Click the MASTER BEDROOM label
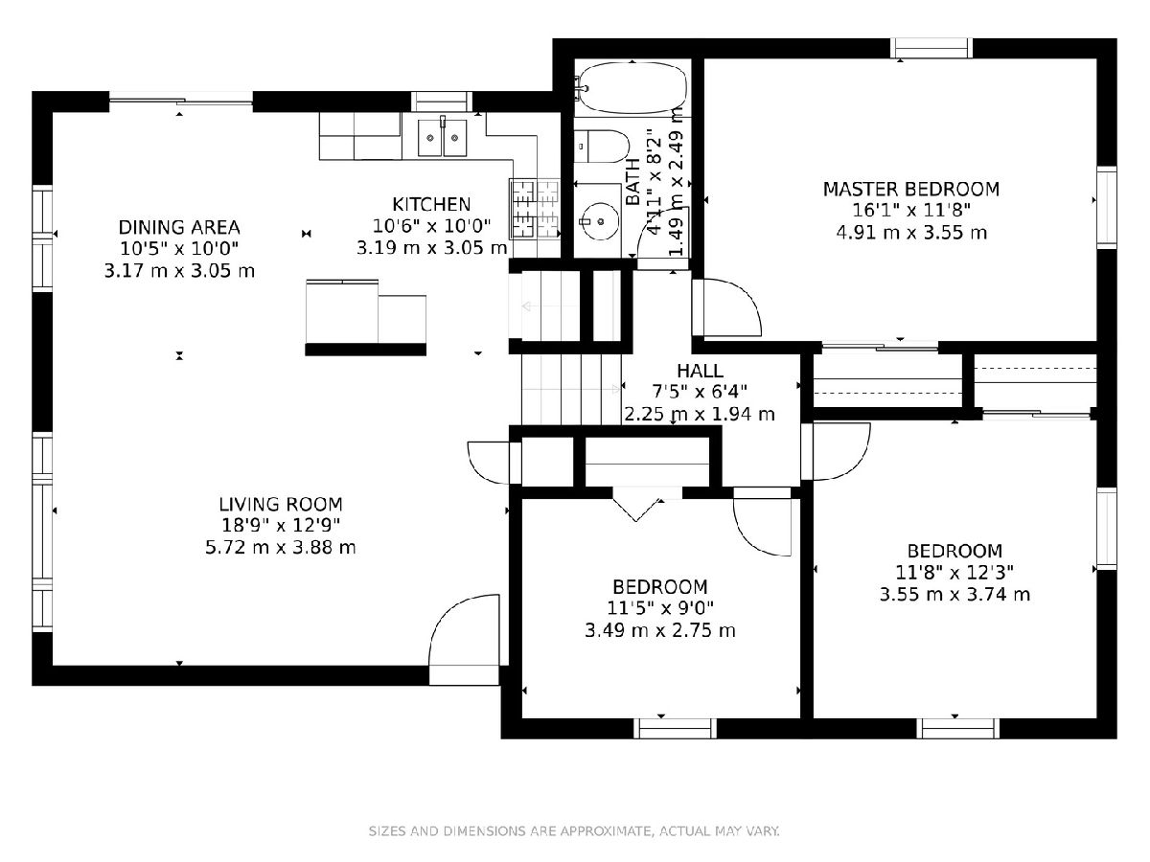(x=910, y=189)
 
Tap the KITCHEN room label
(x=431, y=204)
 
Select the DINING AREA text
(x=179, y=227)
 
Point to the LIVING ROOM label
(x=280, y=504)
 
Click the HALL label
(x=700, y=371)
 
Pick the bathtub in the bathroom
(x=632, y=87)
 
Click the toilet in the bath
(x=601, y=146)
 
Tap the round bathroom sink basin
(x=601, y=221)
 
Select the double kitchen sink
(x=442, y=137)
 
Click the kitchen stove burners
(x=535, y=209)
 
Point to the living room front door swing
(x=464, y=640)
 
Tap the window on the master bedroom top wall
(x=931, y=48)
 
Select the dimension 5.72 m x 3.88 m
(x=280, y=548)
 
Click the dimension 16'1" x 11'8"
(x=911, y=211)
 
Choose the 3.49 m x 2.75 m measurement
(x=660, y=630)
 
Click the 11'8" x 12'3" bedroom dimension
(x=954, y=573)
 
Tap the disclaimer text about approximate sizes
(x=574, y=830)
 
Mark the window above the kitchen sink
(x=441, y=102)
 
